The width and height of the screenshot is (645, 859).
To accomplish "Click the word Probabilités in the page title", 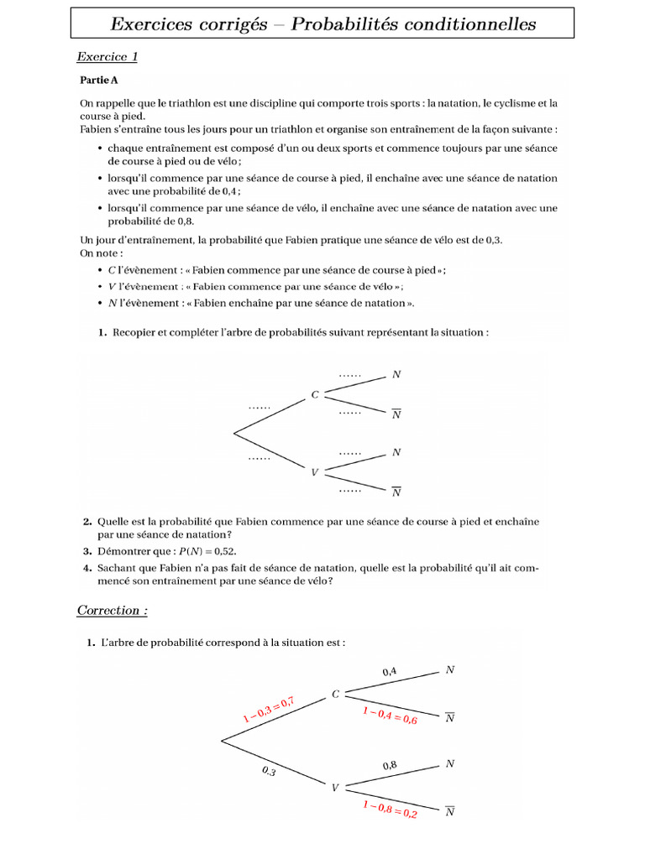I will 350,24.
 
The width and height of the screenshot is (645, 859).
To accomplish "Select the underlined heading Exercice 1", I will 107,57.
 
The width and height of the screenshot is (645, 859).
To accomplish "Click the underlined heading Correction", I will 112,610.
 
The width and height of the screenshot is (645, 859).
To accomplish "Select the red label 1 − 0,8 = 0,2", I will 390,809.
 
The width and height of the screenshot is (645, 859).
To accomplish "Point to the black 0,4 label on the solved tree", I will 390,671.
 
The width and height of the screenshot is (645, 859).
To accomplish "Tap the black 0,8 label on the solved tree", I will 390,765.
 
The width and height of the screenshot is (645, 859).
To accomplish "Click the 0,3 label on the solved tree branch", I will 268,771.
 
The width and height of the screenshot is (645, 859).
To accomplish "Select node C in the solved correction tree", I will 336,694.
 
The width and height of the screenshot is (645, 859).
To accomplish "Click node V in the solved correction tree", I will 336,788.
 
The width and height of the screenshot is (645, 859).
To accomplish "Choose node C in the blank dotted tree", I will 315,393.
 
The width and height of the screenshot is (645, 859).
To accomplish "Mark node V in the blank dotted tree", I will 315,471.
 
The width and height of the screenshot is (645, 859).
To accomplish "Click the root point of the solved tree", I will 221,740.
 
